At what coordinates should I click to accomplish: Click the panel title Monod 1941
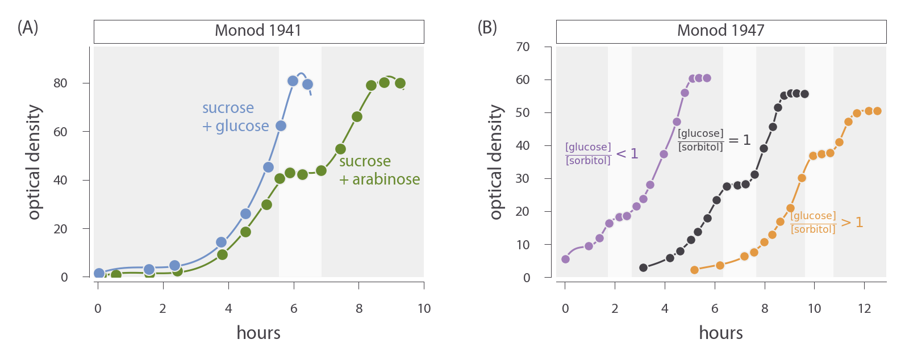(258, 31)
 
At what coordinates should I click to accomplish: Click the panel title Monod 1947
(720, 31)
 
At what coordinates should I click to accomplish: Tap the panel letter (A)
(27, 27)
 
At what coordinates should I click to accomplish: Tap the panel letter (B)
(487, 27)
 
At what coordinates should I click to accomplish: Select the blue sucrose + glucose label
(235, 117)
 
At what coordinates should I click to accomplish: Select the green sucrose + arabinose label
(379, 170)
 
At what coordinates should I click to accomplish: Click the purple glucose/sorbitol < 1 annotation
(601, 154)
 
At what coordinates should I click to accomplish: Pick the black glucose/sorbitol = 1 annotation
(714, 140)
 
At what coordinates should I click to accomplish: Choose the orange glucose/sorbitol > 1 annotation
(826, 223)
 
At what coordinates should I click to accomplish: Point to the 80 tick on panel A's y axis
(60, 83)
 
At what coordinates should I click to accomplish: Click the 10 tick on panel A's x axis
(424, 309)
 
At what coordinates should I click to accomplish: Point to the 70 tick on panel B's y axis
(523, 47)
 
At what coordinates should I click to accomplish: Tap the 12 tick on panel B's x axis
(864, 309)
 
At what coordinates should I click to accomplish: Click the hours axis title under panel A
(258, 333)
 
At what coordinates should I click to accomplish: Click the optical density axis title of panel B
(496, 162)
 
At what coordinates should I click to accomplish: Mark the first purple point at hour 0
(565, 259)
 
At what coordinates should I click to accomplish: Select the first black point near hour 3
(643, 267)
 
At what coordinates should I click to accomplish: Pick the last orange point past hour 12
(877, 111)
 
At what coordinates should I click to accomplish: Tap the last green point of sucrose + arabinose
(400, 83)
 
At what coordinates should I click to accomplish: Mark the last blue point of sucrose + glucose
(307, 85)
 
